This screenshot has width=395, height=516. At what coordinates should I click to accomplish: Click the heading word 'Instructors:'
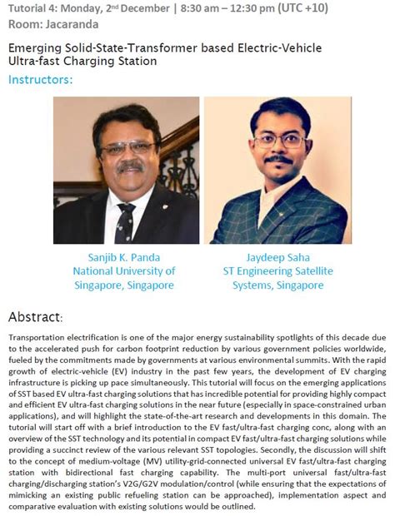(x=40, y=80)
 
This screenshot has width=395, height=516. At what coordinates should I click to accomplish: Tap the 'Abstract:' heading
(x=35, y=317)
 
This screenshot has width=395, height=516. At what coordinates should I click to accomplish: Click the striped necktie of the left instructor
(x=126, y=220)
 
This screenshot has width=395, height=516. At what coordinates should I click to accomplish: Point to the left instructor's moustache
(x=131, y=167)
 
